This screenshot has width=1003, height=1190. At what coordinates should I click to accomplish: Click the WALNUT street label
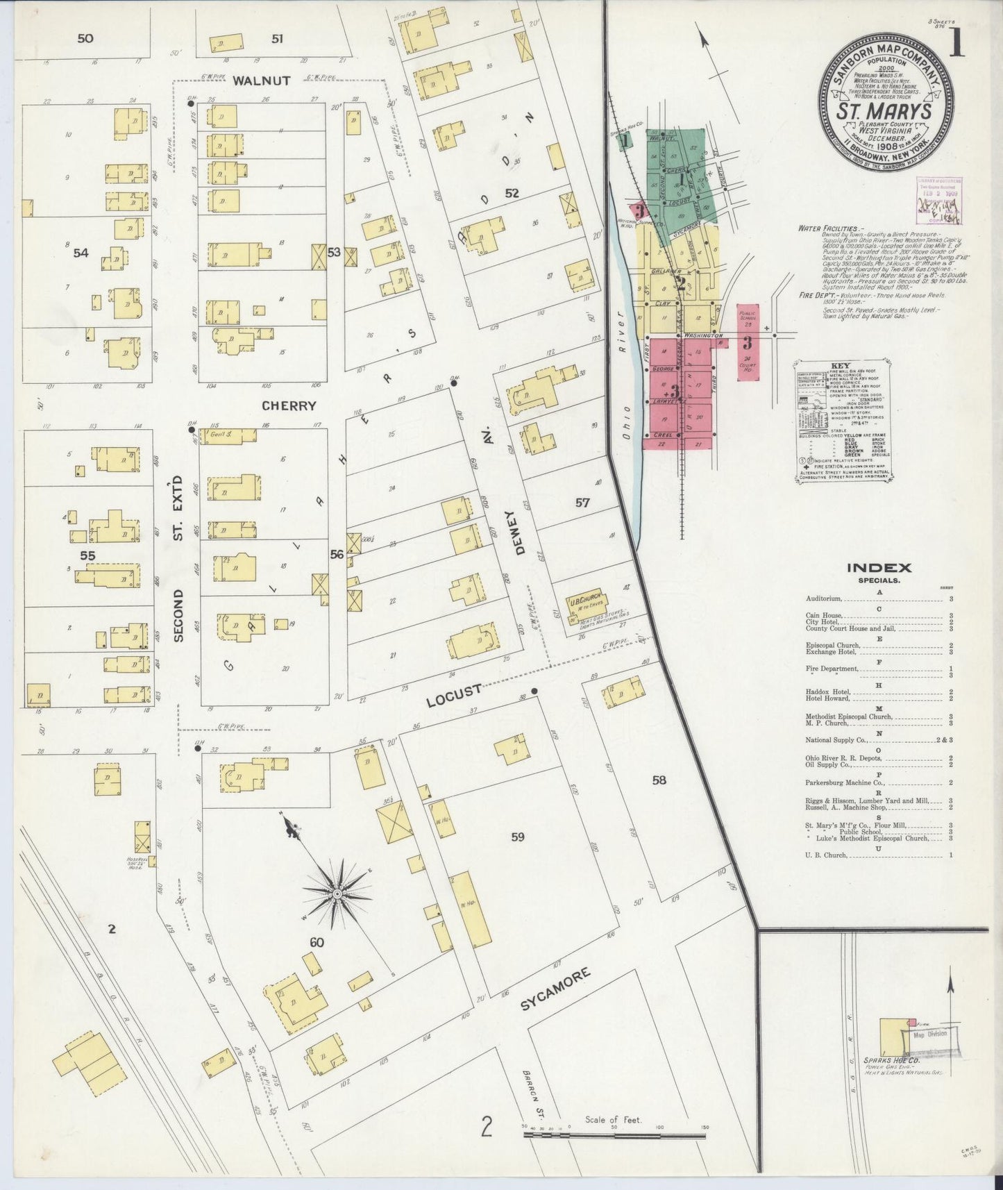[x=261, y=81]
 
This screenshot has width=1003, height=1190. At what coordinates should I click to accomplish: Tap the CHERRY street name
[x=289, y=405]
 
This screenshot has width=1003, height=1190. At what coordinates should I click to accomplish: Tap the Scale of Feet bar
[x=614, y=1135]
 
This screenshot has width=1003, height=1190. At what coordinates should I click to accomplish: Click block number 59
[x=517, y=837]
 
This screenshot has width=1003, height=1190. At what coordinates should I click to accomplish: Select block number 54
[x=81, y=253]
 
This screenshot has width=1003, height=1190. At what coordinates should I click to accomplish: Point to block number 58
[x=659, y=780]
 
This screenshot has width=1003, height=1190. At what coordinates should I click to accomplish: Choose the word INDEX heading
[x=879, y=567]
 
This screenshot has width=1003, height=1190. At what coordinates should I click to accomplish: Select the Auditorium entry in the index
[x=824, y=598]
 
